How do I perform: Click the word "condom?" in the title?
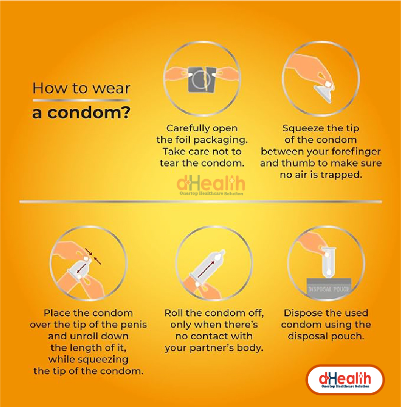pyautogui.click(x=88, y=113)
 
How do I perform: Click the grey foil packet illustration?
pyautogui.click(x=202, y=80)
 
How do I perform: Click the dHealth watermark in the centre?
pyautogui.click(x=211, y=185)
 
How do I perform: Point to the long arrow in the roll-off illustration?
pyautogui.click(x=206, y=269)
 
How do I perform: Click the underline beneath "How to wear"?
pyautogui.click(x=81, y=100)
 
